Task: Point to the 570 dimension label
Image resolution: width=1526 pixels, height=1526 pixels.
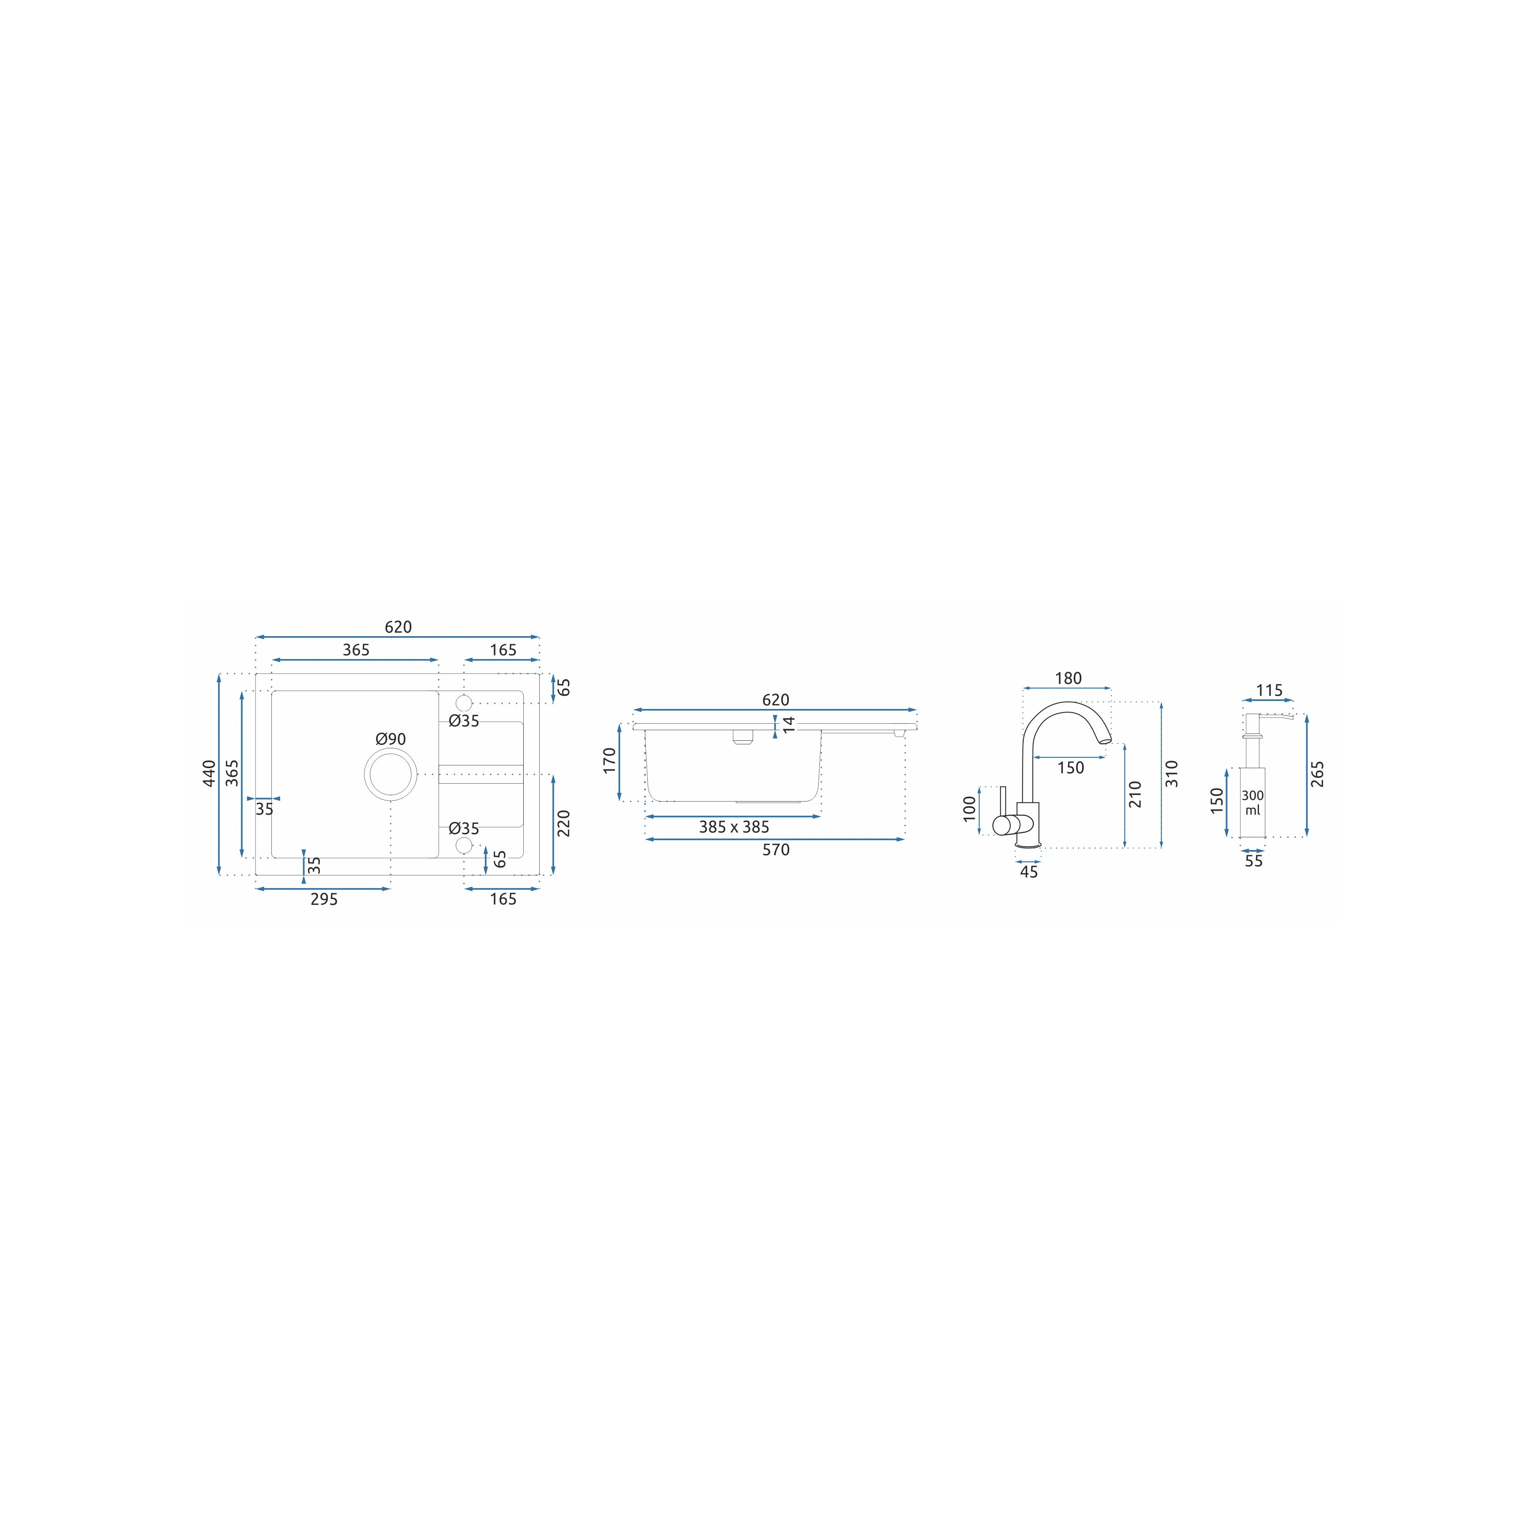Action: coord(776,850)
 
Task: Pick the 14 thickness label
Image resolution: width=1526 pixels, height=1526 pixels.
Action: coord(788,724)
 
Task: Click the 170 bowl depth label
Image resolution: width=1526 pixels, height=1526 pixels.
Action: coord(609,761)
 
